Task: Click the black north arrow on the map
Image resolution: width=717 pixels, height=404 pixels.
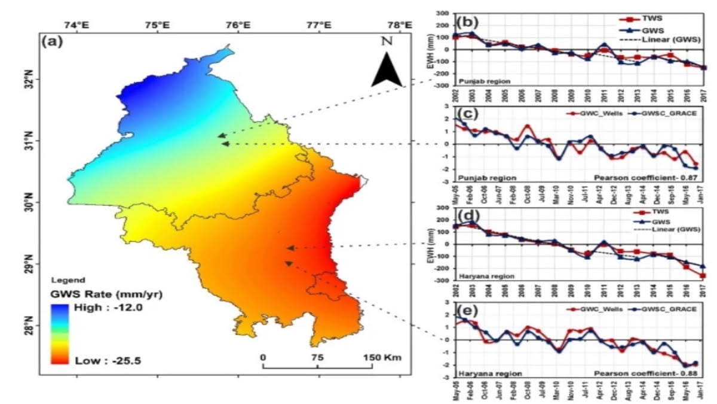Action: [x=387, y=72]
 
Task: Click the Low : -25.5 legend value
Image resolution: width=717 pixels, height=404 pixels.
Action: [x=107, y=360]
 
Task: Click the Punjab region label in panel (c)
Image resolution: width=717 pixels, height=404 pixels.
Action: [x=486, y=178]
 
